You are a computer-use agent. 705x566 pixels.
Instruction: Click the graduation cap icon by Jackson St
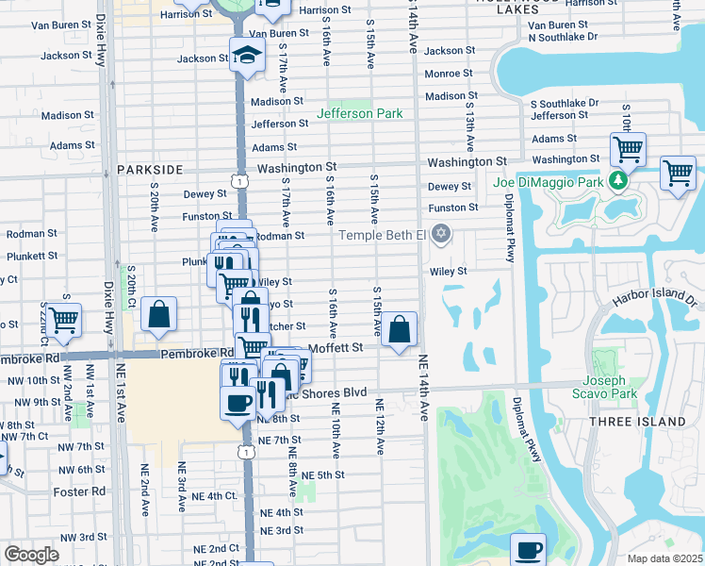[x=247, y=57]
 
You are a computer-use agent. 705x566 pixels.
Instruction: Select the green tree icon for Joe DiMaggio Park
[x=618, y=179]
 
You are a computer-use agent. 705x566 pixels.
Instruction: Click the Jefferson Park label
[x=359, y=114]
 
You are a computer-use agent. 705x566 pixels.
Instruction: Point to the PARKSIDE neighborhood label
[x=150, y=169]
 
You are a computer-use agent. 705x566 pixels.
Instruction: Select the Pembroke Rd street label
[x=196, y=354]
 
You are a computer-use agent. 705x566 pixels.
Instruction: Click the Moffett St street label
[x=336, y=348]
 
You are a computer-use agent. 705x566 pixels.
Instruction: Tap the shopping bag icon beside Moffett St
[x=400, y=330]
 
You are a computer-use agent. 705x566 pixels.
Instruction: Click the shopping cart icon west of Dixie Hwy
[x=63, y=321]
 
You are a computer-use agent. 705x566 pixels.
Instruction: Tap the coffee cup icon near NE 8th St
[x=237, y=403]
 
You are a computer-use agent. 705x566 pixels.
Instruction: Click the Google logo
[x=32, y=554]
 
